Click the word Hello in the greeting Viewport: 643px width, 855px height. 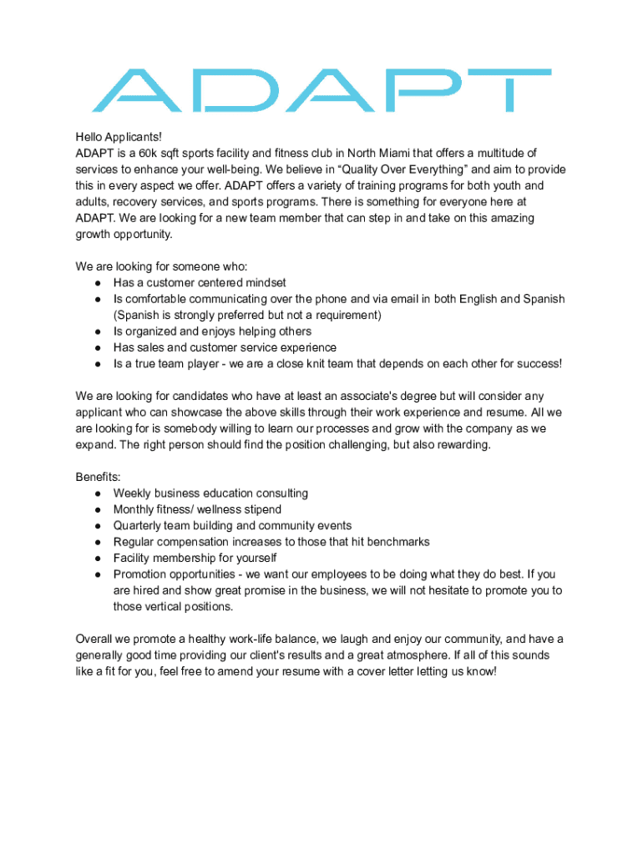(90, 137)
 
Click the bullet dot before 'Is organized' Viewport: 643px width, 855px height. (98, 331)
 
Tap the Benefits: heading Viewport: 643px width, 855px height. (99, 477)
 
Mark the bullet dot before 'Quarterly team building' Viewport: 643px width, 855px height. (98, 526)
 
